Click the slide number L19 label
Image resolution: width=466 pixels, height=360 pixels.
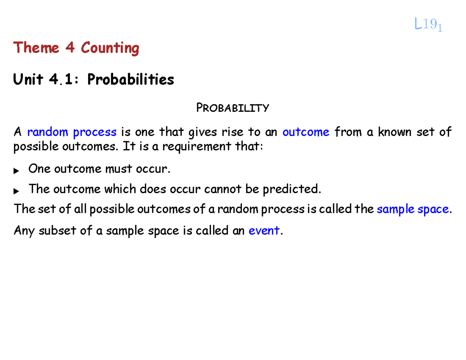428,26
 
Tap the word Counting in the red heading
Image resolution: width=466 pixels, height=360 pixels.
110,49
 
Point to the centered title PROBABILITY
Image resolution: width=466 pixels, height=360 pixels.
232,108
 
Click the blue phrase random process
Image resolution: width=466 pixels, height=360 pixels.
72,132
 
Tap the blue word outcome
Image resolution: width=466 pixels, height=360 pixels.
306,132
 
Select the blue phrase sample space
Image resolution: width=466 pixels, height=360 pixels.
413,209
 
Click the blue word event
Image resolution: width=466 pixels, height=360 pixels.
263,231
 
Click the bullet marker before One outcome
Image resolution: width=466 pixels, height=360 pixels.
16,170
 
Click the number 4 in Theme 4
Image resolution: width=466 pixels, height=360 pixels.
70,48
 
